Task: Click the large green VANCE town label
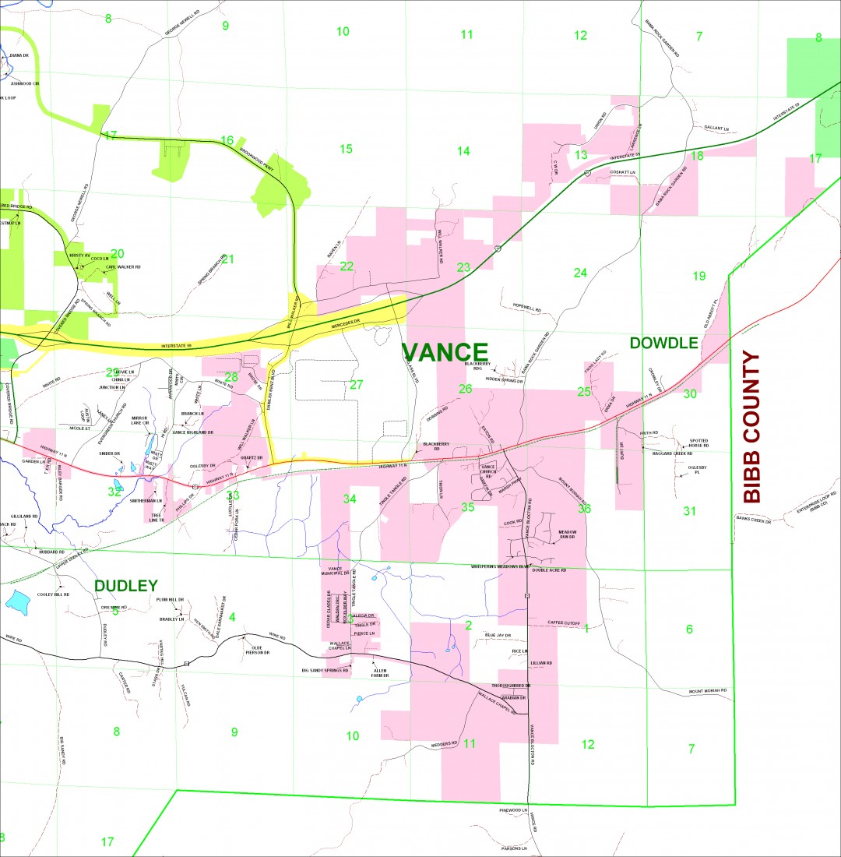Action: [445, 352]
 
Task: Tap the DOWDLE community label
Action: [663, 343]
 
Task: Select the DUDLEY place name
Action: [125, 585]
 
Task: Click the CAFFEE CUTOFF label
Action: [565, 623]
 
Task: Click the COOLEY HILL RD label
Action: [54, 594]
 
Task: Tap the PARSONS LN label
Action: [514, 848]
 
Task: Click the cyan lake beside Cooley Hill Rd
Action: [17, 600]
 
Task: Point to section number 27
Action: [357, 384]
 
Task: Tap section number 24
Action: [580, 273]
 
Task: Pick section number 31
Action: [689, 511]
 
